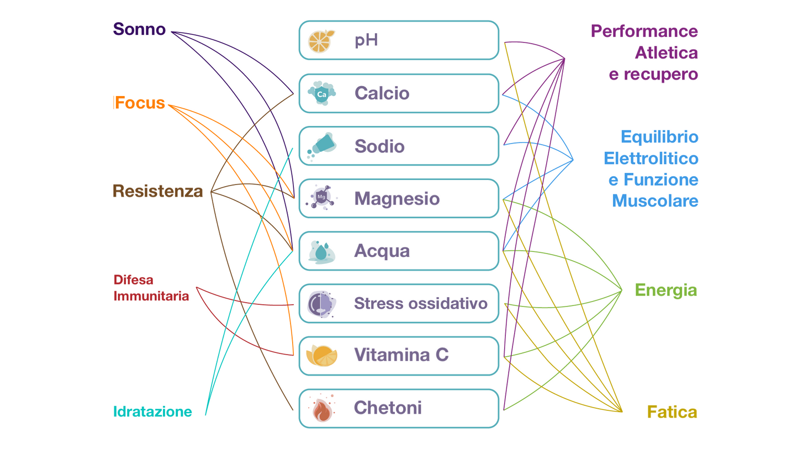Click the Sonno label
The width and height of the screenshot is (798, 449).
139,29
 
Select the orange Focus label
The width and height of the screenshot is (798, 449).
140,103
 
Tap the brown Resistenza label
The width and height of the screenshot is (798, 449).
157,191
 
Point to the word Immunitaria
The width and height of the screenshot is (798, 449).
151,296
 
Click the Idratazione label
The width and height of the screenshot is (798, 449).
152,411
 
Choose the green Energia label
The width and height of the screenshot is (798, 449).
665,290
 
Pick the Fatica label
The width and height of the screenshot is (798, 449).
672,412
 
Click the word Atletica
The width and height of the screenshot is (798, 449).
667,52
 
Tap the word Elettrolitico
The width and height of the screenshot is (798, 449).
651,159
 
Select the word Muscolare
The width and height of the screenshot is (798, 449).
655,200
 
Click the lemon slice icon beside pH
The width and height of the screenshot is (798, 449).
321,41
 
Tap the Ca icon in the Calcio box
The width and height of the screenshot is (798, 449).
321,94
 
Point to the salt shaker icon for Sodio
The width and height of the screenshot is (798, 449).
321,146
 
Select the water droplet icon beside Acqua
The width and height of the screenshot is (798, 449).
321,251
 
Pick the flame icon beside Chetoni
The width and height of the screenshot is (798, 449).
321,409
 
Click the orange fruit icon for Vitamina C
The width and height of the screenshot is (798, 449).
321,355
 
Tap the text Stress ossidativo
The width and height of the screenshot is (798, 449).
421,303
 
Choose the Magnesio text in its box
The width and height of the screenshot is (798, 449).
397,198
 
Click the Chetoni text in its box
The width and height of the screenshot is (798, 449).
388,408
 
